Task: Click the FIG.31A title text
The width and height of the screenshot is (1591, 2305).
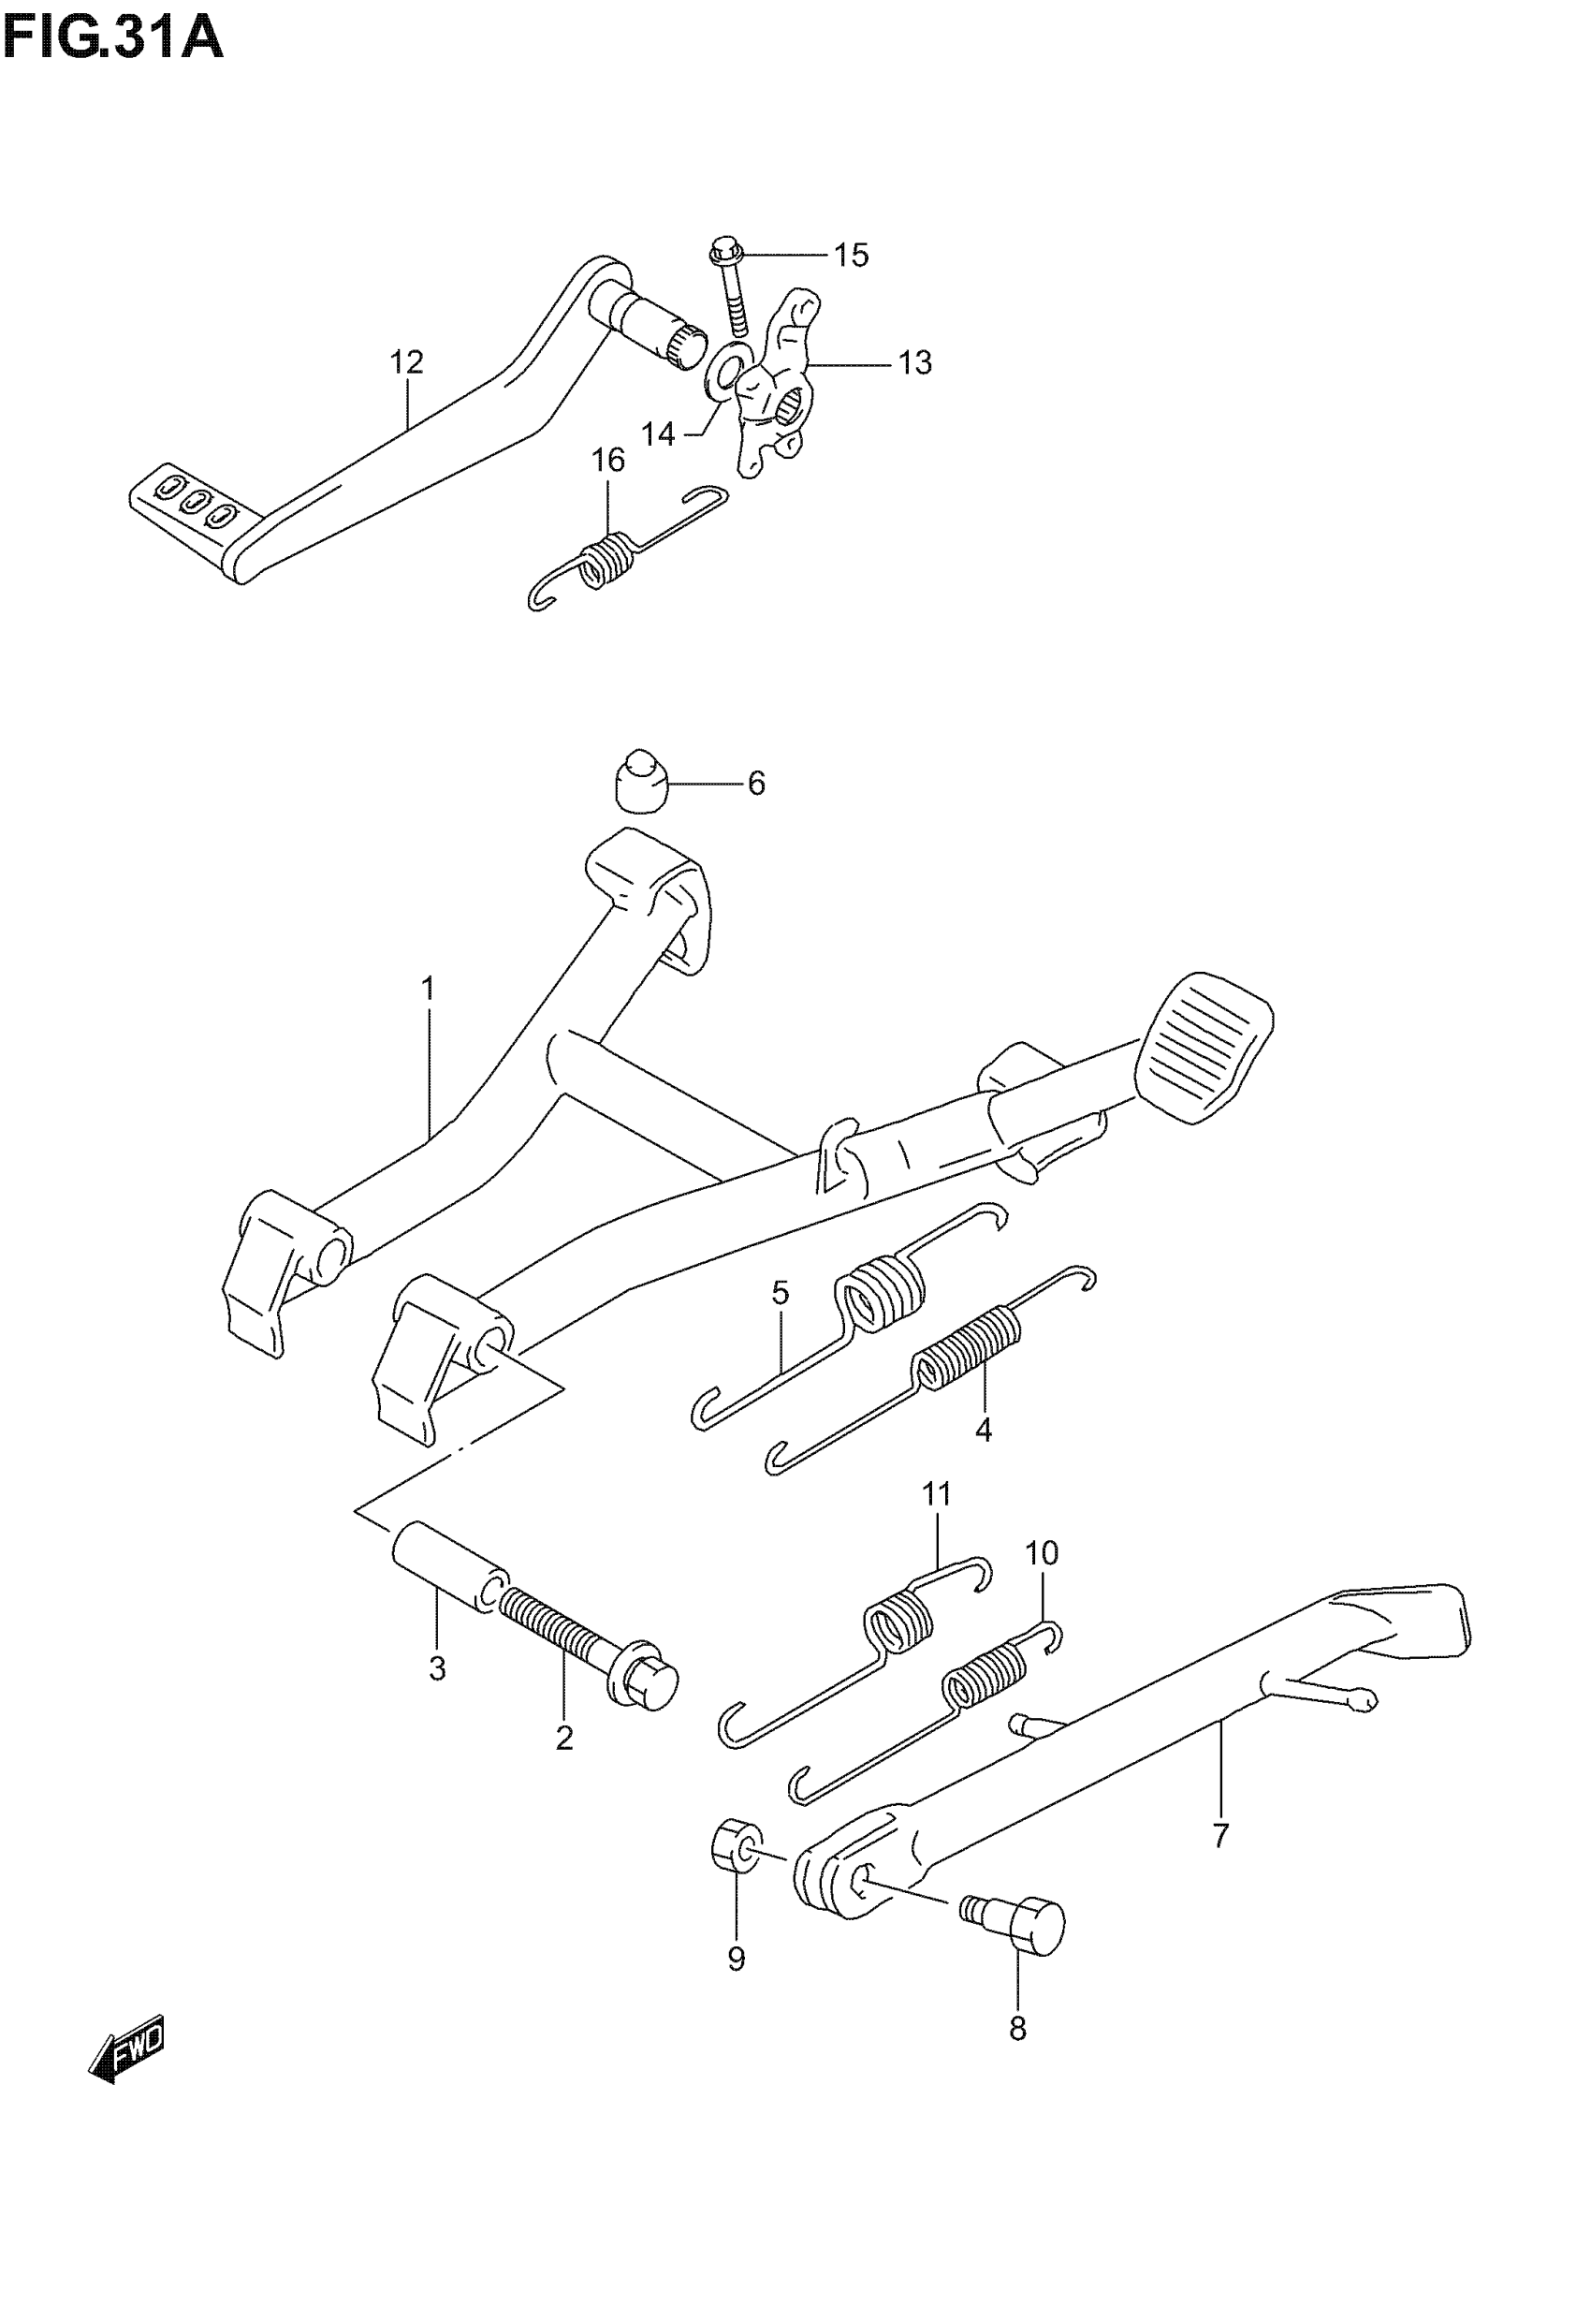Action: coord(112,40)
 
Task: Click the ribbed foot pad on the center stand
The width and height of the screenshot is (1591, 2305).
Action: coord(1207,1046)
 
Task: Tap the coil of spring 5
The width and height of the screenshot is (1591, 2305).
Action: coord(879,1298)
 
